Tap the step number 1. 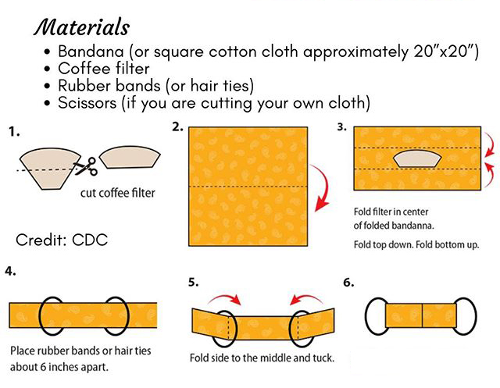click(x=13, y=133)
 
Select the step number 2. click(x=178, y=126)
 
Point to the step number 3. click(x=342, y=126)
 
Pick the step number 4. click(x=12, y=272)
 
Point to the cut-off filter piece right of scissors click(x=130, y=157)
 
